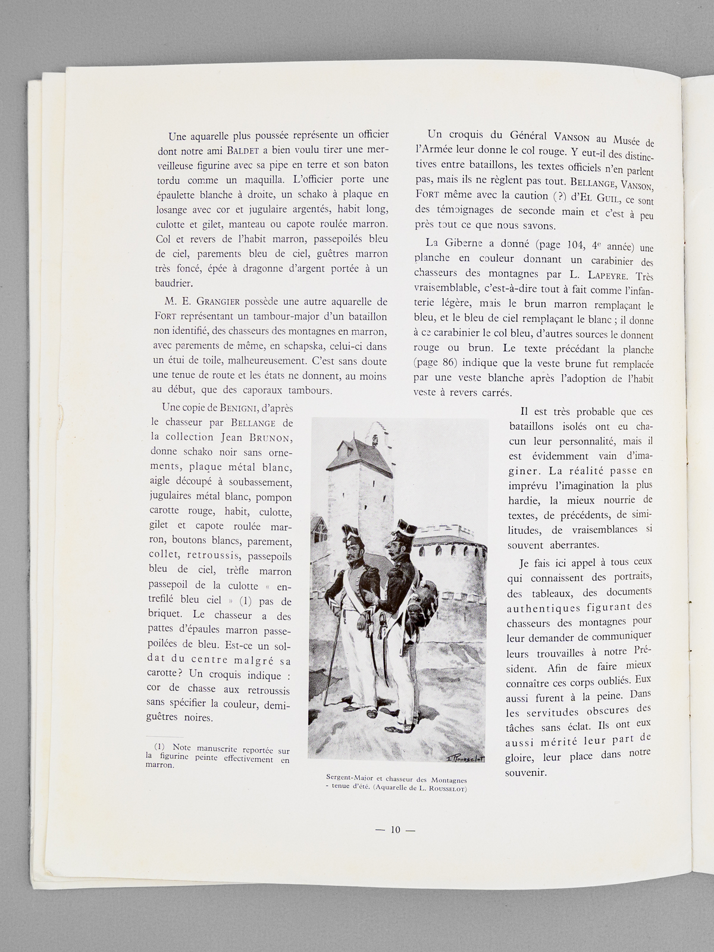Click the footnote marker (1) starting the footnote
(x=159, y=747)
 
